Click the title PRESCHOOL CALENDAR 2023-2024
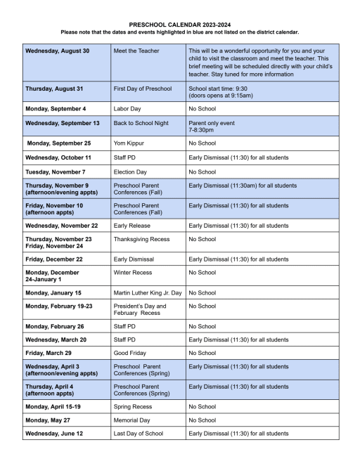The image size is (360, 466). tap(179, 24)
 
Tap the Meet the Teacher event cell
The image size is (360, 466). tap(136, 51)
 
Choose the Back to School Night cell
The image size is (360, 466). tap(144, 123)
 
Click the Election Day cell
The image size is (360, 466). tap(131, 171)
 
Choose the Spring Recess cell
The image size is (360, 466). tap(134, 406)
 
